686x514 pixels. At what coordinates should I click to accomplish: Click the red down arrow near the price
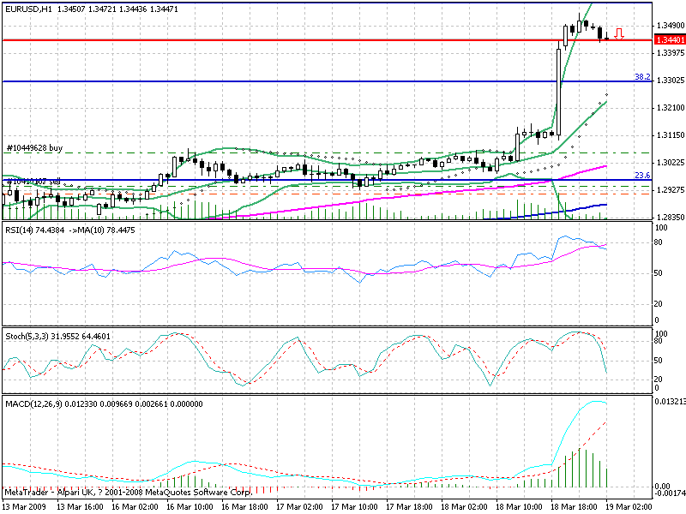(619, 34)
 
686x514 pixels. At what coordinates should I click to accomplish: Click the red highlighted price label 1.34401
(669, 39)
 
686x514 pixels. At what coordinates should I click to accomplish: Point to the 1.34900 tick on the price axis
(669, 26)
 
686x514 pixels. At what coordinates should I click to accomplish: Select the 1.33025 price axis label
(669, 81)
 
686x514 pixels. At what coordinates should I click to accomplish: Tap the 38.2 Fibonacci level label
(641, 76)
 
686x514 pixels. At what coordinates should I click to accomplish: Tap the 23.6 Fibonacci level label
(641, 175)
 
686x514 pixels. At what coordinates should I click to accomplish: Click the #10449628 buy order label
(34, 147)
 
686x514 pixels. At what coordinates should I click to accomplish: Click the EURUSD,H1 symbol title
(27, 8)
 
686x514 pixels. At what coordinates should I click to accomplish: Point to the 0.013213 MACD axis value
(669, 400)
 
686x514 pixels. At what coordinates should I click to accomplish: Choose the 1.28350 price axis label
(669, 217)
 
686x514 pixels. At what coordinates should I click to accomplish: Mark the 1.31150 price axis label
(669, 135)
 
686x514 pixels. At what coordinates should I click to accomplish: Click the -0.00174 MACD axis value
(669, 493)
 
